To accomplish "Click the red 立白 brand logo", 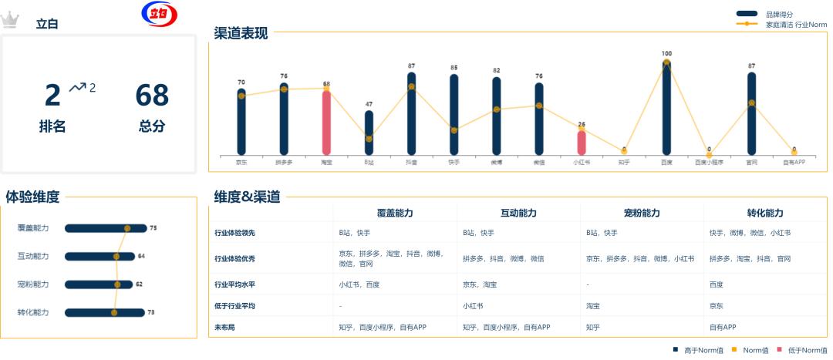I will coord(160,14).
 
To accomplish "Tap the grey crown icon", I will coord(9,19).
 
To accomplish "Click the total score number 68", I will coord(152,96).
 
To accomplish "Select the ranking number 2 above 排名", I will coord(52,96).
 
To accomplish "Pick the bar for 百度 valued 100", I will coord(666,108).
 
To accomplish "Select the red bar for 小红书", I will coord(582,143).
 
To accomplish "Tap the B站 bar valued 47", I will coord(369,133).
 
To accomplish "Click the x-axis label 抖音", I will coord(411,162).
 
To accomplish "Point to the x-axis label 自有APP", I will coord(794,162).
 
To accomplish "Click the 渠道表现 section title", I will coord(241,33).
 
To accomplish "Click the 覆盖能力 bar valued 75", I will coord(105,228).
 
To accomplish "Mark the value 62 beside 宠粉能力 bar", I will coord(140,284).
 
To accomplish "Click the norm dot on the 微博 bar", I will coord(497,109).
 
